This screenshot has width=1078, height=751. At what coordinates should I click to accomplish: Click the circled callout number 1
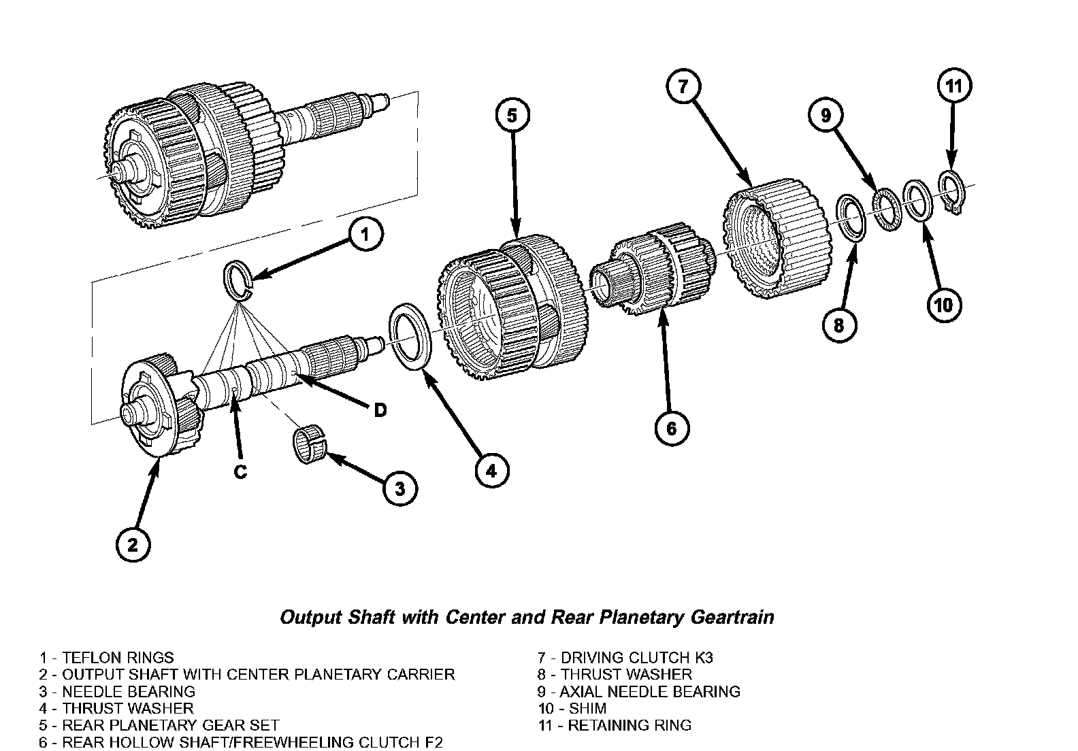(x=365, y=235)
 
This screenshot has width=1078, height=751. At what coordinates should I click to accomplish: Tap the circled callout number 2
(x=133, y=544)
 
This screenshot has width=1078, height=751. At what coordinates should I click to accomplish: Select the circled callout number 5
(x=512, y=116)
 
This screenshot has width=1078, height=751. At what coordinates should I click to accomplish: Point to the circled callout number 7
(x=683, y=86)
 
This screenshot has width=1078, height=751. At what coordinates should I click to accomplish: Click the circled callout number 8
(x=838, y=325)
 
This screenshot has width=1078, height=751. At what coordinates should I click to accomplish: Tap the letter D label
(x=380, y=410)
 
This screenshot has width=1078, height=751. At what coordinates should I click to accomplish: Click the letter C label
(x=240, y=471)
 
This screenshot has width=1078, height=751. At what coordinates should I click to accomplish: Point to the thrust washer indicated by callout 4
(x=408, y=337)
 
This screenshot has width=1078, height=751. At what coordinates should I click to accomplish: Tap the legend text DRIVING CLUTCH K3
(x=636, y=657)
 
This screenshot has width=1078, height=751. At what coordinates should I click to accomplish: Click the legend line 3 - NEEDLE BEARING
(x=117, y=691)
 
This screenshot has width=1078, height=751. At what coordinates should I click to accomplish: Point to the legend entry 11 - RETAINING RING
(x=615, y=725)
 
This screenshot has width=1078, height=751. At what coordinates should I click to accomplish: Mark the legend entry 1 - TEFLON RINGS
(x=107, y=657)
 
